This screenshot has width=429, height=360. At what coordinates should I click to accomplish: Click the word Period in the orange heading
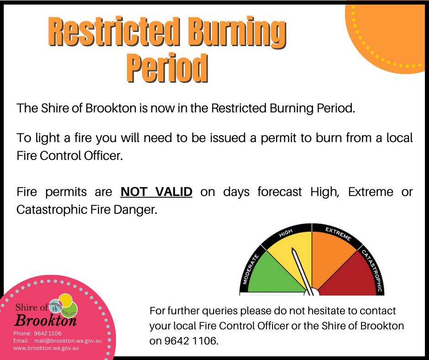click(x=167, y=68)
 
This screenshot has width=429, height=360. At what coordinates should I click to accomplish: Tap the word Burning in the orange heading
click(x=237, y=32)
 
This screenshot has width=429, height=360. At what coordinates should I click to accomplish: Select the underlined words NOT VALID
click(x=156, y=192)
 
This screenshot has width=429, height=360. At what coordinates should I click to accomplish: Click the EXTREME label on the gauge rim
click(x=338, y=234)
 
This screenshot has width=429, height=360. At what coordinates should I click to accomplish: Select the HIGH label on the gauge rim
click(x=286, y=233)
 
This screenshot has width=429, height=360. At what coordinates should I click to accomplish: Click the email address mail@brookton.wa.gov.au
click(x=68, y=341)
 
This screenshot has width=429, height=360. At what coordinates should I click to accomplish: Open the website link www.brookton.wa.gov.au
click(x=46, y=348)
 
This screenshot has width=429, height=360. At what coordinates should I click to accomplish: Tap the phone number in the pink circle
click(x=47, y=334)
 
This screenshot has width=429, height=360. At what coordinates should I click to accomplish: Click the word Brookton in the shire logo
click(x=46, y=320)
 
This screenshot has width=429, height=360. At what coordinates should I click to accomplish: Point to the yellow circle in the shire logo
click(x=66, y=300)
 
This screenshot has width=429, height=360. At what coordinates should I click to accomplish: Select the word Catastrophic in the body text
click(x=52, y=210)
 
